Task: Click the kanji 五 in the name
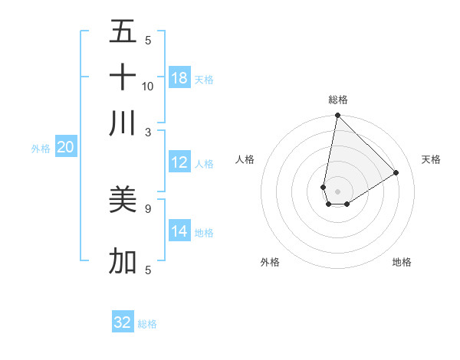coord(123,31)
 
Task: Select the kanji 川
coord(123,123)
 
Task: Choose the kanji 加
coord(123,261)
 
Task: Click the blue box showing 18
coord(179,78)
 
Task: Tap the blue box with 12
coord(179,162)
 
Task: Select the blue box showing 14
coord(179,231)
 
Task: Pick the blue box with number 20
coord(65,148)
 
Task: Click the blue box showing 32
coord(123,322)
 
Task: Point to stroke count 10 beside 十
coord(148,87)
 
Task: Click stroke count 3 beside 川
coord(148,132)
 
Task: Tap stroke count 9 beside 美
coord(148,208)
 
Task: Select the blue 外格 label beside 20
coord(40,149)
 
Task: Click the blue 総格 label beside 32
coord(147,324)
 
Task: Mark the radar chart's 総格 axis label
coord(338,100)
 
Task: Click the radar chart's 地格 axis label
coord(402,262)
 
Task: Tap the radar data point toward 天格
coord(396,173)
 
